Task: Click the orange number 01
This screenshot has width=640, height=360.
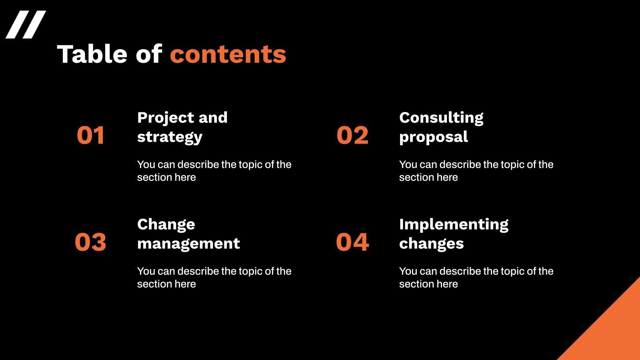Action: tap(90, 135)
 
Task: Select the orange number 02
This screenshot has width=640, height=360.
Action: tap(352, 135)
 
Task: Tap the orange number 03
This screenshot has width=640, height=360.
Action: tap(90, 242)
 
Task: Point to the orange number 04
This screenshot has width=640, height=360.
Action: tap(352, 242)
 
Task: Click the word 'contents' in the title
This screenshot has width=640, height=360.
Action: tap(228, 54)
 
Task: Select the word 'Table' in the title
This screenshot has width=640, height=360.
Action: tap(92, 54)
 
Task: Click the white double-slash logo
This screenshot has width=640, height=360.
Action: tap(26, 25)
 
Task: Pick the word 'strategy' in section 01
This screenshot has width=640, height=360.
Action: tap(170, 137)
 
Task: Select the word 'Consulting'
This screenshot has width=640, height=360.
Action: tap(441, 118)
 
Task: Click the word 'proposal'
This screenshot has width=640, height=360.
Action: tap(433, 137)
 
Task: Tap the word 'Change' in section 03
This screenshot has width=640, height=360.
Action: tap(166, 224)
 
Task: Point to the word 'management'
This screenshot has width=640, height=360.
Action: tap(188, 244)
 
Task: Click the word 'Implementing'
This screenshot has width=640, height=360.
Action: tap(454, 224)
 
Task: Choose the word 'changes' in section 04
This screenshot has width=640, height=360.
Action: tap(431, 244)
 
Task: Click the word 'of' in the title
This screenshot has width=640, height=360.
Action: tap(149, 54)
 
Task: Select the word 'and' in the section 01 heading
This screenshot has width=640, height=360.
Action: tap(213, 118)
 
